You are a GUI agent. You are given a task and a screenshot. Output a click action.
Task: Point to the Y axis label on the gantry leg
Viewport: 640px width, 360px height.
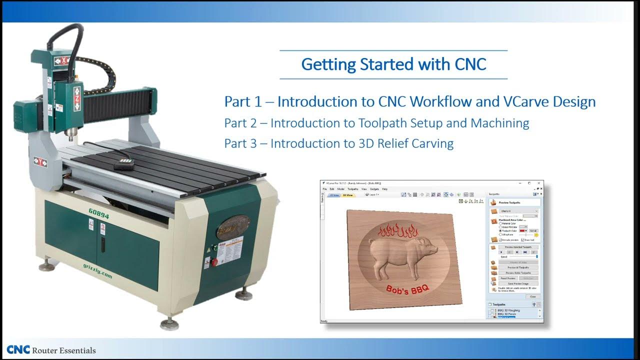coord(40,161)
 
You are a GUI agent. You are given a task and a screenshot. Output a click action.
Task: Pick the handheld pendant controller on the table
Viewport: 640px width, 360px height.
coord(124,163)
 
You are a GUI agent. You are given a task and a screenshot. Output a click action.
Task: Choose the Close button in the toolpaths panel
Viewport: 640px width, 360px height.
coord(533,296)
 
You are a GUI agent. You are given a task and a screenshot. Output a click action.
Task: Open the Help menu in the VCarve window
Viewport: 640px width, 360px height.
coord(385,189)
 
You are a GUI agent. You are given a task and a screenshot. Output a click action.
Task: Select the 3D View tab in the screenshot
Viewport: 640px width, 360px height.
coord(347,195)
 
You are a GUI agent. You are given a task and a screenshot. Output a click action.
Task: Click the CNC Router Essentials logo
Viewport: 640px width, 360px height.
coord(51,350)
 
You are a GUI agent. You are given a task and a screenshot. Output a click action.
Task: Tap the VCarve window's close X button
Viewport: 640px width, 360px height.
coord(538,183)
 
